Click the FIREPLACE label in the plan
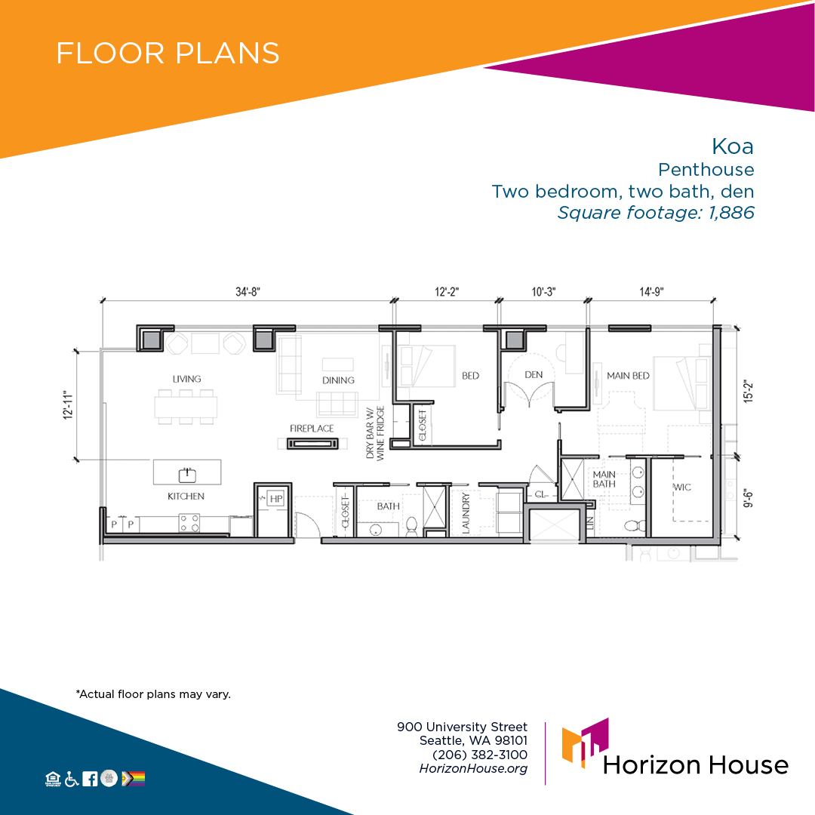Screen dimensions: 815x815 coord(312,429)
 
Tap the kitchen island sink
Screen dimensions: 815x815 coord(187,474)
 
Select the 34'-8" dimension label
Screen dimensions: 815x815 coord(248,291)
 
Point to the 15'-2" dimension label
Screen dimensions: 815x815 coord(748,392)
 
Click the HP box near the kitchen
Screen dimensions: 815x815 coord(276,499)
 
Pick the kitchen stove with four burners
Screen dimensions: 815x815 coord(189,523)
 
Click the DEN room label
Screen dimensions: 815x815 coord(534,375)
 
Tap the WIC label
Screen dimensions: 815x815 coord(682,487)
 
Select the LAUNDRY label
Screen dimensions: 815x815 coord(466,514)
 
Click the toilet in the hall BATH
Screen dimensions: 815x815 coord(411,526)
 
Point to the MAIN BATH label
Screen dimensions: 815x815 coord(604,478)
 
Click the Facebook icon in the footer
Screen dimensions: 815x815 coord(90,779)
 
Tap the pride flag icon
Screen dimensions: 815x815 coord(133,779)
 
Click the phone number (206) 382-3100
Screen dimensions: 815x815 coord(480,755)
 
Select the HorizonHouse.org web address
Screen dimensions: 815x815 coord(473,768)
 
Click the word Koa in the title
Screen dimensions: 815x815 coord(732,146)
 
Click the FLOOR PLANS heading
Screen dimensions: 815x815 coord(168,53)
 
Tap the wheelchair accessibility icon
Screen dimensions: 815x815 coord(72,779)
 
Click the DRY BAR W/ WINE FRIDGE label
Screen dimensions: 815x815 coord(375,433)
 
